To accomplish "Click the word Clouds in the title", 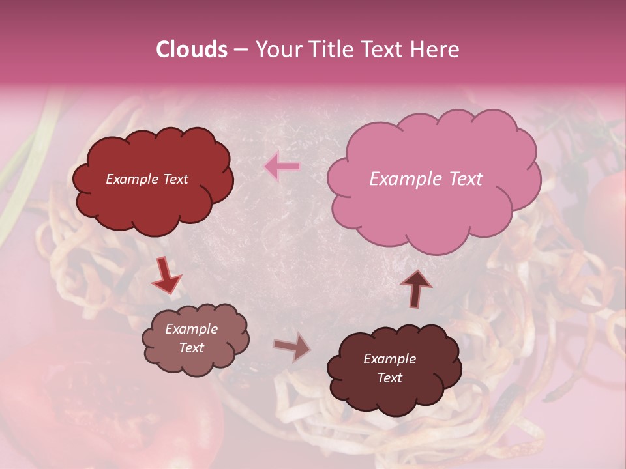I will tap(192, 50).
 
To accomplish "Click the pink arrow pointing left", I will tap(282, 167).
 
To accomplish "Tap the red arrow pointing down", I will tap(166, 276).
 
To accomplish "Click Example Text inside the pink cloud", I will tap(426, 179).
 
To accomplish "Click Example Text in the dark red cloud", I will tap(147, 179).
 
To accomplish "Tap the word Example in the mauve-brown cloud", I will tap(191, 329).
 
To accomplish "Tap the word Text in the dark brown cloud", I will tap(389, 378).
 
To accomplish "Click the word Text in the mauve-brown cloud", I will tap(191, 348).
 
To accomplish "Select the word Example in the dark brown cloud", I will tap(389, 359).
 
